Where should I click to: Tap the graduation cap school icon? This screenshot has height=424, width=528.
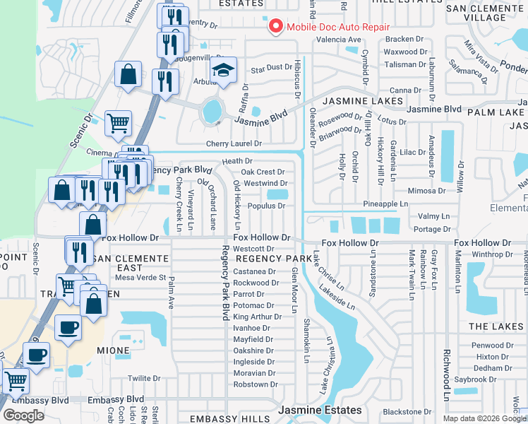222,71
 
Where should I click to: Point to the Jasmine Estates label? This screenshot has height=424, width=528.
320,410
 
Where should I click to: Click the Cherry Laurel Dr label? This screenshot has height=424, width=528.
234,143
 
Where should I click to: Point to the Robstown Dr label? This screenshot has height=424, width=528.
255,384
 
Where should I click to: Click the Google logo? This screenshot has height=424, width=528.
23,416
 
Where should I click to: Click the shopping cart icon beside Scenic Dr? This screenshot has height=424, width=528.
118,123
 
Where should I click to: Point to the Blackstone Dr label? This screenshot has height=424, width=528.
407,412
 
